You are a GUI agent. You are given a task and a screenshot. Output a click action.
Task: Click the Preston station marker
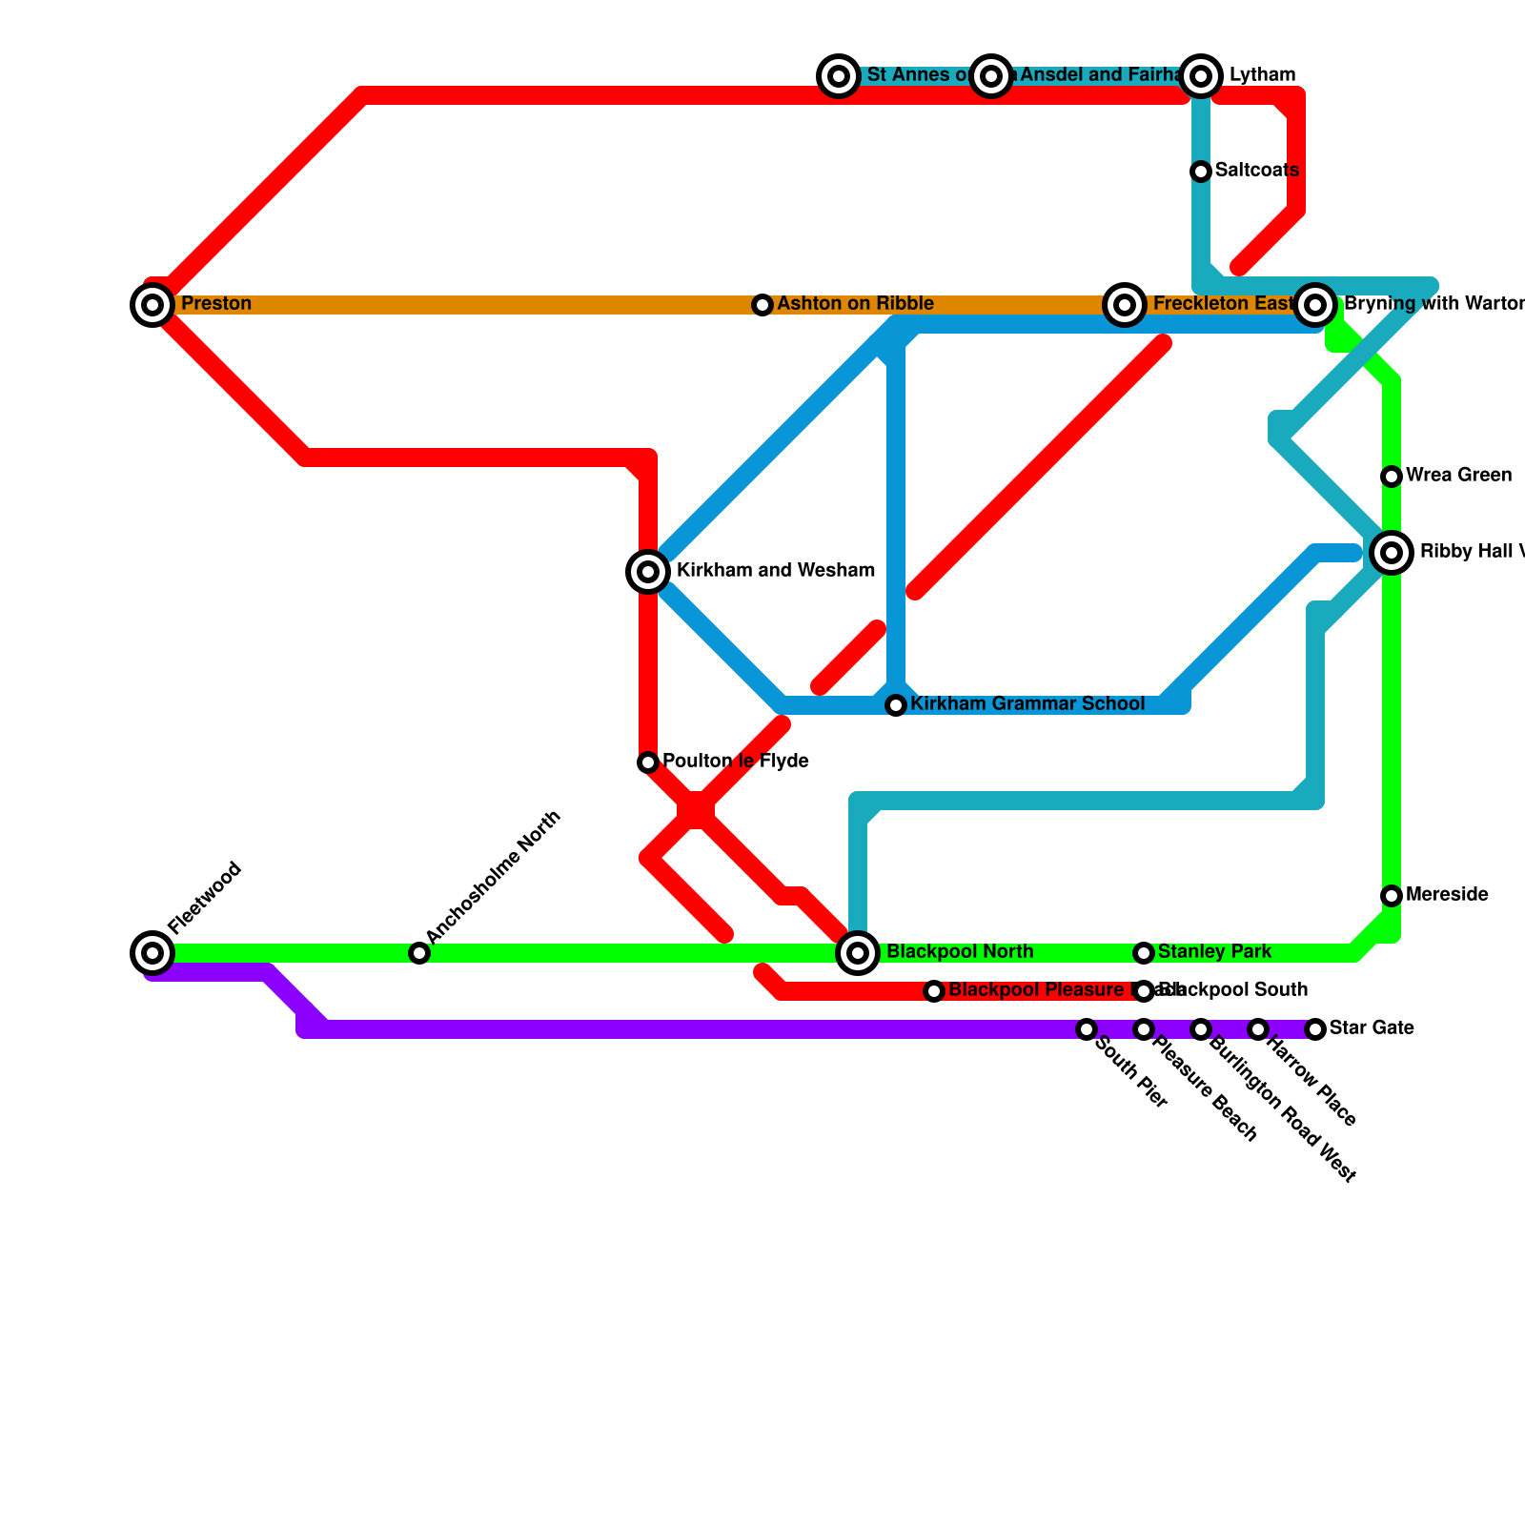pos(152,305)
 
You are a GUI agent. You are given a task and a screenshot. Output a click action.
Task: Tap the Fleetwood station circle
pos(152,952)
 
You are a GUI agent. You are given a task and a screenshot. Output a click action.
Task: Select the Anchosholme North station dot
pos(419,952)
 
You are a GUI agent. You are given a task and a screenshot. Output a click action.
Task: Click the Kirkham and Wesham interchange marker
pos(648,572)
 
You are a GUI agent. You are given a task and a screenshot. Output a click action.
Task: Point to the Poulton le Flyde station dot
pos(648,762)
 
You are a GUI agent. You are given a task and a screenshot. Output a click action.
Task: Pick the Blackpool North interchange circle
pos(858,952)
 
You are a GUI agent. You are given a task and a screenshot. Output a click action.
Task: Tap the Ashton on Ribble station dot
pos(762,305)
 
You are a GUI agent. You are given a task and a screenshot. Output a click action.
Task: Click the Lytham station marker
pos(1202,76)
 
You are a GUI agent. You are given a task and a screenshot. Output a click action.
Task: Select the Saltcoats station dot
pos(1201,172)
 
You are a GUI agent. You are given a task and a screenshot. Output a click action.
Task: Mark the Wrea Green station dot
pos(1392,477)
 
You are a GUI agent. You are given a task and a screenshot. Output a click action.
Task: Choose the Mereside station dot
pos(1392,896)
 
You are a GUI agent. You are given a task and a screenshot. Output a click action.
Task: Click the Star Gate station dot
pos(1315,1029)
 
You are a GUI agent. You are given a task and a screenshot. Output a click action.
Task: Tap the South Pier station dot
pos(1087,1029)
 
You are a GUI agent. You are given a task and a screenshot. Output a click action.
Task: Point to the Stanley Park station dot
pos(1144,953)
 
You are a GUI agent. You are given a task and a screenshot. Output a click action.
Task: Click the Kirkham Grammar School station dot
pos(896,705)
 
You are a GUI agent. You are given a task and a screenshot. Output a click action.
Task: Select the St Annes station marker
pos(839,76)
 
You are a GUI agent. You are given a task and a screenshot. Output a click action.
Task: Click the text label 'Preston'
pos(216,304)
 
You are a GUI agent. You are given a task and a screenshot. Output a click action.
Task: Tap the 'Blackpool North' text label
pos(960,952)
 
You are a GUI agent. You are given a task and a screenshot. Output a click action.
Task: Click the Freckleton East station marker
pos(1125,305)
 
